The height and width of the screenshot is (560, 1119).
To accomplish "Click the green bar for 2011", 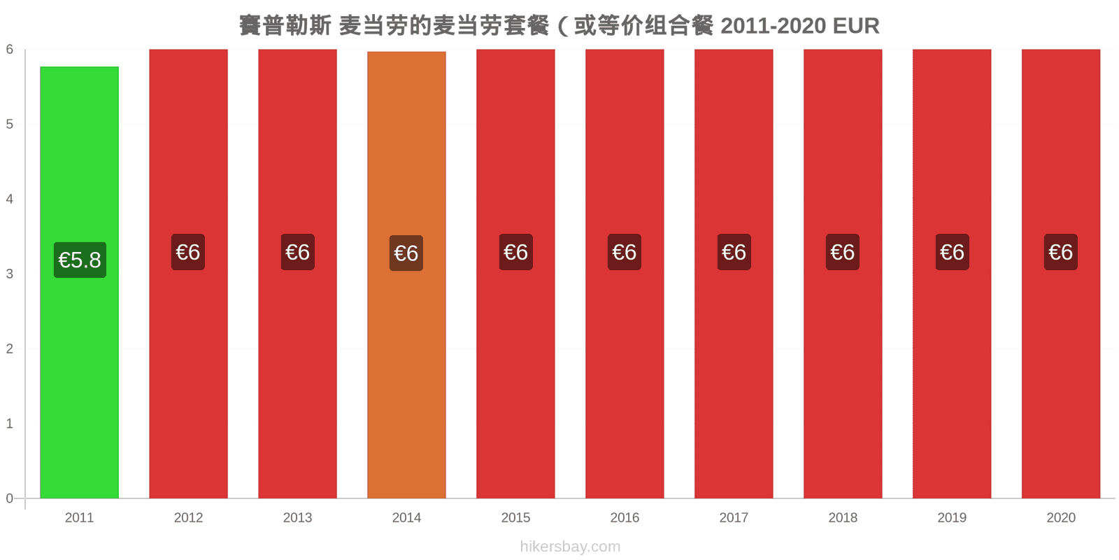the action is (x=80, y=283).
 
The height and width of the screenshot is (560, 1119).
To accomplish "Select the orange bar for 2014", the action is (x=406, y=275).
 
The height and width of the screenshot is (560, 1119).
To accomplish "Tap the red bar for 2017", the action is (x=734, y=274).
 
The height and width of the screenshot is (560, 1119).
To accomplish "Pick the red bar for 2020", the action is (x=1061, y=274).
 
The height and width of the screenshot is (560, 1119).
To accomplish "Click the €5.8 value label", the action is (x=80, y=260).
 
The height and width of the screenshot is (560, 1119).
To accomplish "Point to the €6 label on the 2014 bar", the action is (x=406, y=253).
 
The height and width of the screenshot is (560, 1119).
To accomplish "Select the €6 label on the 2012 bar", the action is (x=188, y=252).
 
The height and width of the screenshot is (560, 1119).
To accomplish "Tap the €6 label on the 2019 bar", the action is (x=952, y=252).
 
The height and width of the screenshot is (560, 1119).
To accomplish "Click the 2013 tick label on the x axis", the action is (x=297, y=517).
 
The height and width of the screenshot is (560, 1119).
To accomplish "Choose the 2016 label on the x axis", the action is (x=625, y=517).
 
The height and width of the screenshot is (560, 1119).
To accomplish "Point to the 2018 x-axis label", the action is (x=843, y=517).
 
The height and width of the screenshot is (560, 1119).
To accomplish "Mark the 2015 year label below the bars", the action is (x=515, y=517).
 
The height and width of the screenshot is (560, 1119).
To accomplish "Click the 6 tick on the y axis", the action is (x=10, y=49).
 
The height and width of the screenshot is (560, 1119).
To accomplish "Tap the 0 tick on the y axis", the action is (x=10, y=498).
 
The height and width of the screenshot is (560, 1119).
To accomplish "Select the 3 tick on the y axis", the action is (x=10, y=274).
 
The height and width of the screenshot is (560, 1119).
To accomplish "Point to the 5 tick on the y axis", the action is (x=10, y=124).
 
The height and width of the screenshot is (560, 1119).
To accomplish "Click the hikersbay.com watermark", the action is (x=570, y=547).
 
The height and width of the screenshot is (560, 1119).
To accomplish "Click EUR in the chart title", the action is (x=856, y=26).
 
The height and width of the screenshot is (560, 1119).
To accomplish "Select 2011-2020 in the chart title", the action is (x=774, y=26).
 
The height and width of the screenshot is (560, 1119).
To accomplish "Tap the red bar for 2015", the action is (x=515, y=274).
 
